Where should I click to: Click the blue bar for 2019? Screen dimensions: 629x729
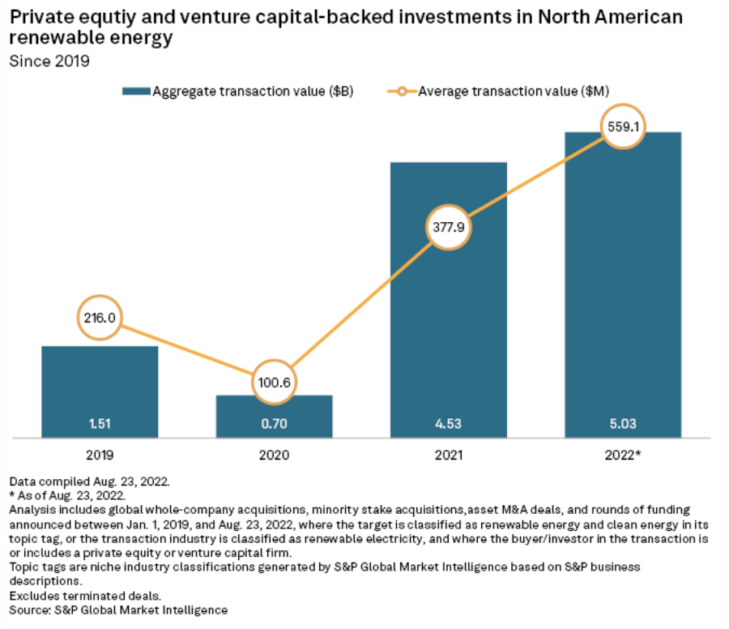coord(100,381)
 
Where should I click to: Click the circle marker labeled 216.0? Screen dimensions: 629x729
coord(100,317)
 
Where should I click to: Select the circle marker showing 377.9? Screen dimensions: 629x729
coord(448,228)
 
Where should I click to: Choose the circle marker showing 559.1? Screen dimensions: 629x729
coord(622,126)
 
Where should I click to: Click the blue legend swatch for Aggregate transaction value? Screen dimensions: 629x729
coord(136,91)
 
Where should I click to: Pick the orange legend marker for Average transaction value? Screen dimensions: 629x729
coord(400,91)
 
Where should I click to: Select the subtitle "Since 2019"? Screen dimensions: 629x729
coord(49,61)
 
